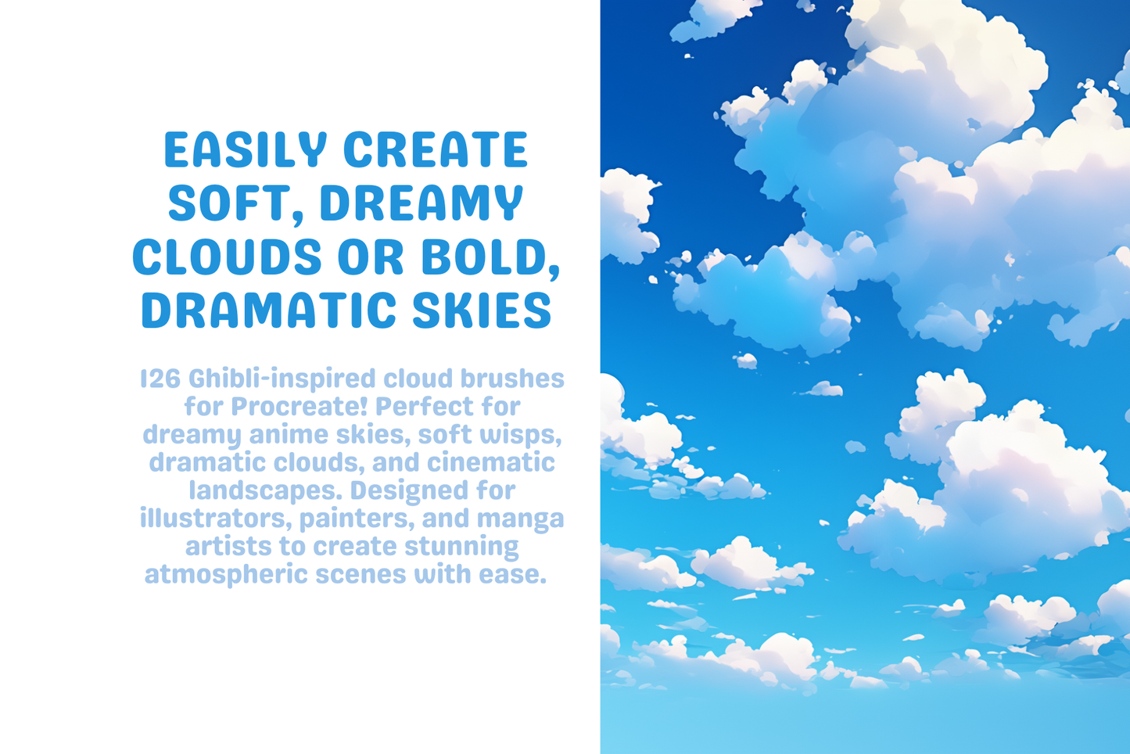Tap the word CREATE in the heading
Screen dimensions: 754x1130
pyautogui.click(x=436, y=150)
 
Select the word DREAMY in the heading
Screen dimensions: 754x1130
pyautogui.click(x=422, y=203)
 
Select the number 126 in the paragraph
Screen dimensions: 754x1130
pyautogui.click(x=160, y=379)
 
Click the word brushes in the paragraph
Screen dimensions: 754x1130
pyautogui.click(x=512, y=379)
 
